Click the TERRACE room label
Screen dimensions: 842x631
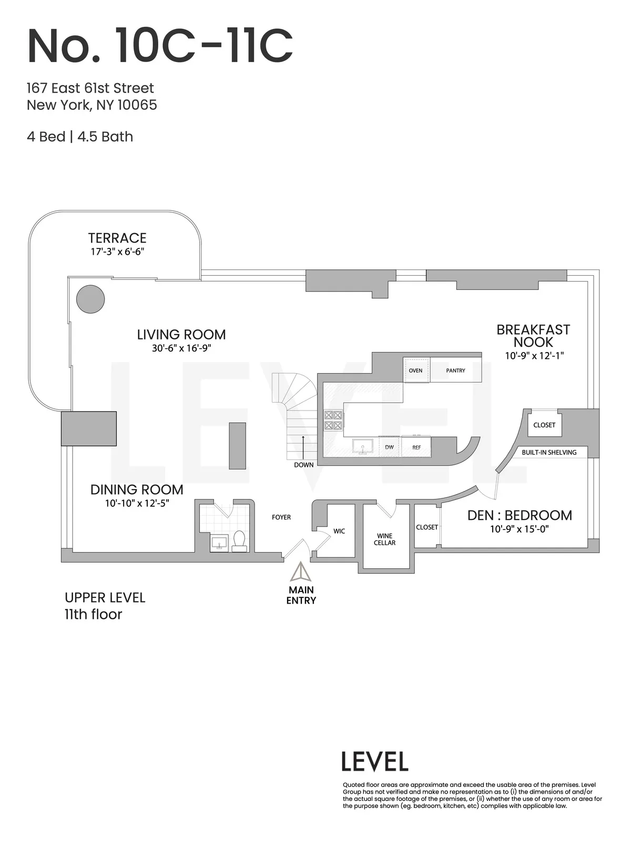[117, 238]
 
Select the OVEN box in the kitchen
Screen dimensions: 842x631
[415, 370]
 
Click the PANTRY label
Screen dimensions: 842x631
[455, 370]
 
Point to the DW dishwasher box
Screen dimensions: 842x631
[390, 447]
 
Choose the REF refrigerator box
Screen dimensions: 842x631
[416, 447]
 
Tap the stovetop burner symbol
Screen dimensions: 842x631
[333, 420]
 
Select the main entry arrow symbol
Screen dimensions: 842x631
[301, 572]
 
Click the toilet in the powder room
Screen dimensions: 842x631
[239, 541]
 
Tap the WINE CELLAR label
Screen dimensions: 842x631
[384, 539]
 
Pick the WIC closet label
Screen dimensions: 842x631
[339, 531]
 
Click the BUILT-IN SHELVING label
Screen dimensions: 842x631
[549, 452]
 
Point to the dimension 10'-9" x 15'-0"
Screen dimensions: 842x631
[520, 529]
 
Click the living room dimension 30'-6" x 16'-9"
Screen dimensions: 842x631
[181, 348]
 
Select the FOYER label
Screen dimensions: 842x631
[281, 517]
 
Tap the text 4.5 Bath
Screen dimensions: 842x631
[105, 137]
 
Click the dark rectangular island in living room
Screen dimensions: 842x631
[238, 445]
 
